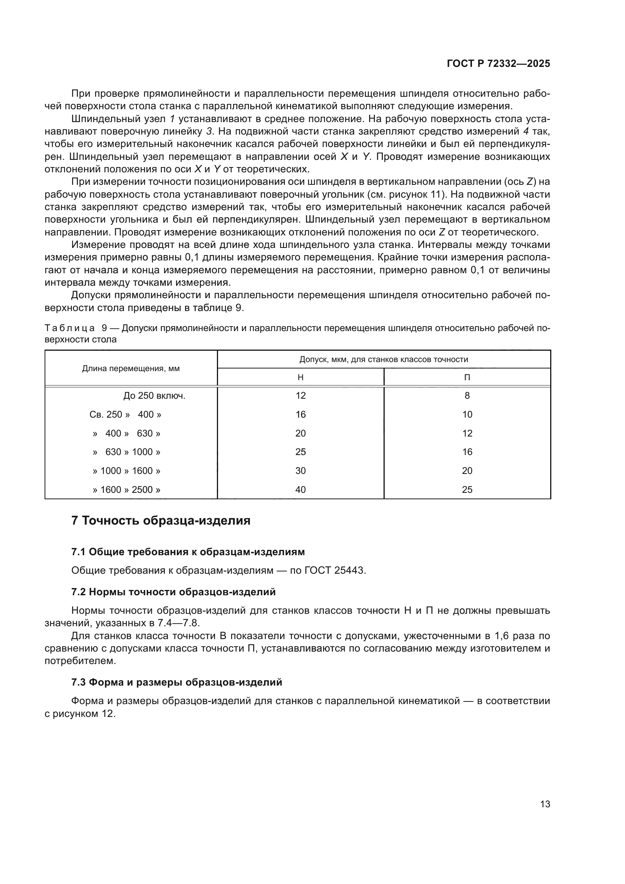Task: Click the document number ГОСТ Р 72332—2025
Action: point(498,64)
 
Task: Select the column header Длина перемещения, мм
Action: point(131,368)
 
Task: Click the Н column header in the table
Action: point(300,377)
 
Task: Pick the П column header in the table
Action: point(467,377)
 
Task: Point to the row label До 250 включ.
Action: point(154,396)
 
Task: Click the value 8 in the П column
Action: point(467,396)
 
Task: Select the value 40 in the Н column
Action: point(300,490)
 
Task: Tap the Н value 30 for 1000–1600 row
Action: point(300,471)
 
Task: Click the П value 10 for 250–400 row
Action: point(467,415)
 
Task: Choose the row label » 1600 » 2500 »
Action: point(127,490)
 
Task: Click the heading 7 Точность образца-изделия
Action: point(161,521)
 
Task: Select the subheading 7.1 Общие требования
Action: point(188,552)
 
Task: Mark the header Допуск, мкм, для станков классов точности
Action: point(384,359)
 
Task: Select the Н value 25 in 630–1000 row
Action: point(300,452)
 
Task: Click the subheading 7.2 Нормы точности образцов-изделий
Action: point(173,592)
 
